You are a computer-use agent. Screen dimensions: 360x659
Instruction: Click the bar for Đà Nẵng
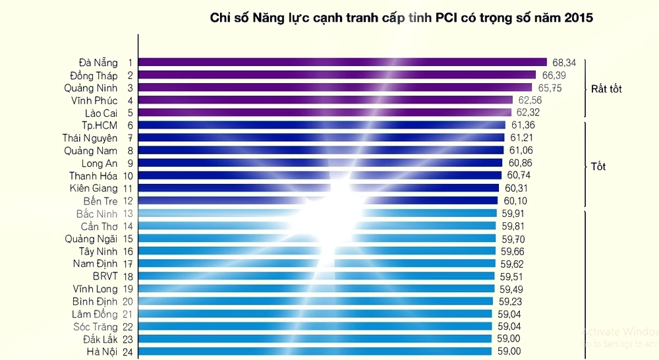(343, 63)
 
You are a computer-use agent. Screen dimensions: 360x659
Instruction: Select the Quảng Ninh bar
(335, 88)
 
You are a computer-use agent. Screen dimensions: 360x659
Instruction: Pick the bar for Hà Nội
(315, 351)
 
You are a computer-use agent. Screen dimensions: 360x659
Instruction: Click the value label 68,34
(564, 63)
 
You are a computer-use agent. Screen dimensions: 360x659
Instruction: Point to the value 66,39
(554, 75)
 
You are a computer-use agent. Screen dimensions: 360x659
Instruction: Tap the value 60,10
(515, 200)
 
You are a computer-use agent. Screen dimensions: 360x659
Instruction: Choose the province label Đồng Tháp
(94, 75)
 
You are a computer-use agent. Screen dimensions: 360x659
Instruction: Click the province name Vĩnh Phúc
(94, 100)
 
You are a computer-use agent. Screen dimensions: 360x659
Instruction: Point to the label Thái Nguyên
(90, 138)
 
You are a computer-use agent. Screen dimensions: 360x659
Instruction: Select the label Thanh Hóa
(93, 175)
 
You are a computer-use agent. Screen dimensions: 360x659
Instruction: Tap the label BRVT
(105, 276)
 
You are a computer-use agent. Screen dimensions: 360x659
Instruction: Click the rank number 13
(129, 214)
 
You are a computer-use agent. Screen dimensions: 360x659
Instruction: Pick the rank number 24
(129, 351)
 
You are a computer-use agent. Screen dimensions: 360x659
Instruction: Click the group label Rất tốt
(606, 88)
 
